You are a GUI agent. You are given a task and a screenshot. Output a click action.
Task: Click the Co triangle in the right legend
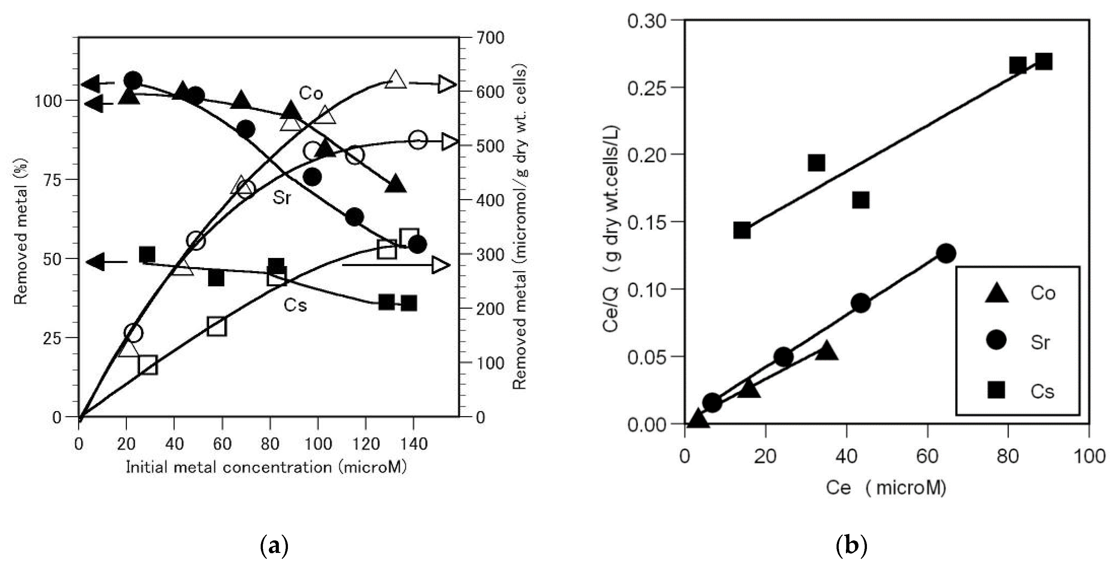click(996, 293)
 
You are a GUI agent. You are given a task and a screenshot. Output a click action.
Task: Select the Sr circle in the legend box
click(996, 340)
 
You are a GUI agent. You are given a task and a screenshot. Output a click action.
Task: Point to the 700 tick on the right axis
click(491, 38)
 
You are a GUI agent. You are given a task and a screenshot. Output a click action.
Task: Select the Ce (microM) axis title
click(886, 488)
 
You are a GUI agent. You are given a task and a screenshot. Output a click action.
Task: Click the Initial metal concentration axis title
click(266, 467)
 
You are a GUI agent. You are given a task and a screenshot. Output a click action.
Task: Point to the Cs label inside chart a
click(295, 305)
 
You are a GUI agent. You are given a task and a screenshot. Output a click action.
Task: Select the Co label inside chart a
click(311, 93)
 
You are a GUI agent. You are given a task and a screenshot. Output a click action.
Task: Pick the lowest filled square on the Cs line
click(742, 230)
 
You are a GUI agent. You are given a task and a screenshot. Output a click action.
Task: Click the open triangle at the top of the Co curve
click(395, 80)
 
